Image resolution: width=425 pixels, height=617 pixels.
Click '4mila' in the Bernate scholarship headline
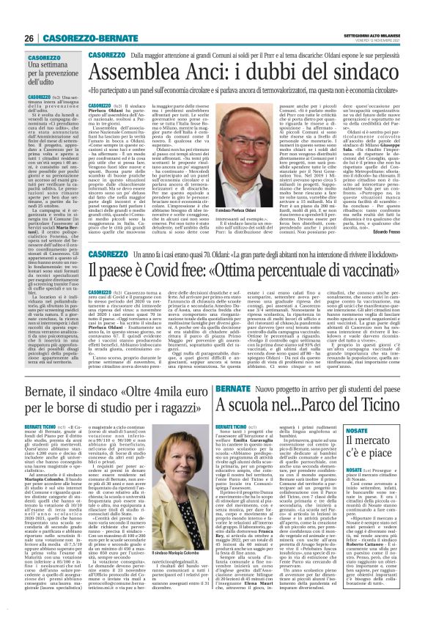pyautogui.click(x=163, y=396)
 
